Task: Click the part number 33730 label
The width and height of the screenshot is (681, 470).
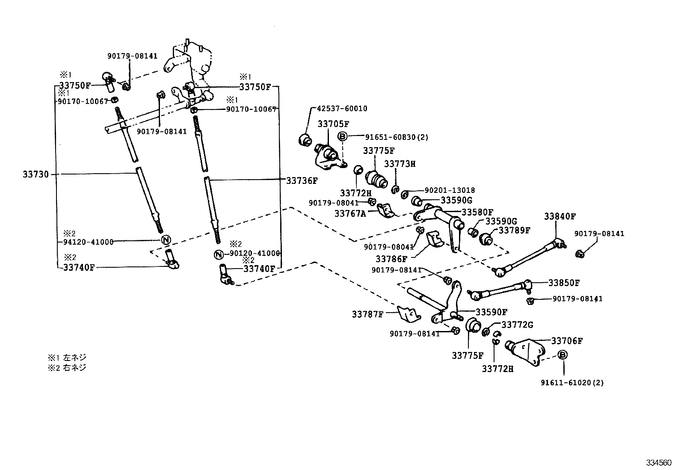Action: pos(36,174)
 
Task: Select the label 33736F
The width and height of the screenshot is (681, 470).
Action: pos(302,180)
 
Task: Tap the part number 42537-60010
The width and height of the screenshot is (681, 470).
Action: pos(342,109)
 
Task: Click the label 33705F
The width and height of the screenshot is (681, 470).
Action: pos(333,124)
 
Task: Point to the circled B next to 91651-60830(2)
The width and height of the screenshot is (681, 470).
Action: pos(342,137)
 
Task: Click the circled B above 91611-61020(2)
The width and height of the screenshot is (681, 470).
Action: pos(563,355)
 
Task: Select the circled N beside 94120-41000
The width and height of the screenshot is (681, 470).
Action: pos(166,239)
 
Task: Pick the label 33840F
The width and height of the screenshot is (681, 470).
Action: pos(560,216)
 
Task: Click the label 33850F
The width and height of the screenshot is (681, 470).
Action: pos(564,283)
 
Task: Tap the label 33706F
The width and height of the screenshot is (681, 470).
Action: pos(567,341)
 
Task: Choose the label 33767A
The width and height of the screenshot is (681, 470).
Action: pos(350,213)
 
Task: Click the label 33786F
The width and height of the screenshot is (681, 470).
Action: pos(391,259)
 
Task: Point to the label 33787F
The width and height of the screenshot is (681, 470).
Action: pos(367,314)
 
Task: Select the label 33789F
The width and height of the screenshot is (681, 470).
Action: pos(515,230)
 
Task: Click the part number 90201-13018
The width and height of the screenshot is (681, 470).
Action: pos(450,190)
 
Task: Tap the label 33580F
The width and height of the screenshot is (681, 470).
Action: pos(477,212)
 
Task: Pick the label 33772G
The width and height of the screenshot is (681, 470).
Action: pos(517,325)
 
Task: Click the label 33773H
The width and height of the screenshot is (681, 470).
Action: pos(400,164)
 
